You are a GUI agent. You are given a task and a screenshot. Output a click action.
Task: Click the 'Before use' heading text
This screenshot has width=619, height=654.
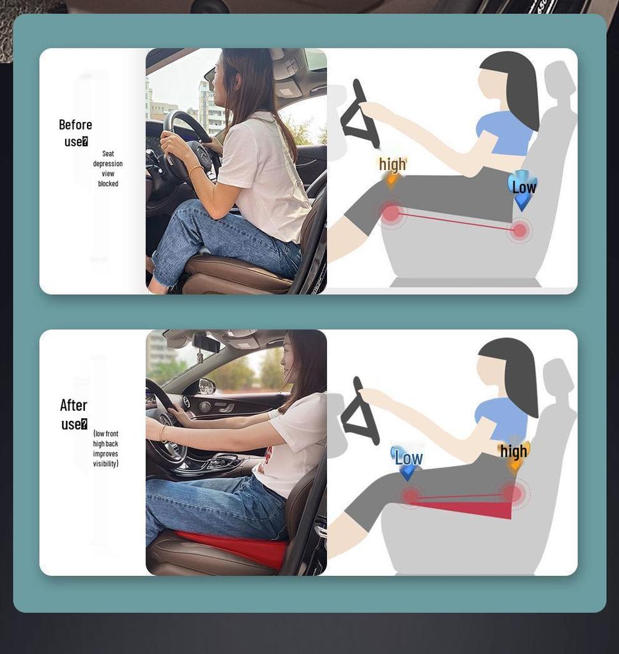click(75, 133)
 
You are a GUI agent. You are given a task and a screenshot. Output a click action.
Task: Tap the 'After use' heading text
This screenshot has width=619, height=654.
click(74, 414)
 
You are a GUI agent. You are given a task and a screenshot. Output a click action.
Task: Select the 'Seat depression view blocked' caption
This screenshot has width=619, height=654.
click(107, 169)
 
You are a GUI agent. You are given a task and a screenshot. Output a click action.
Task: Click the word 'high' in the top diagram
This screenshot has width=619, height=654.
click(392, 164)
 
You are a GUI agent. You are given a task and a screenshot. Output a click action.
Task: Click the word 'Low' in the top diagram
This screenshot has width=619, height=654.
click(524, 187)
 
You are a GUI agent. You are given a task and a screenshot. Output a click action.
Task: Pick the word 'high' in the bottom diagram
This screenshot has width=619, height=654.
click(514, 451)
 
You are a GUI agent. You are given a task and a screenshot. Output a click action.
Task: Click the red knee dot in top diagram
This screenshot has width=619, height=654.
click(391, 213)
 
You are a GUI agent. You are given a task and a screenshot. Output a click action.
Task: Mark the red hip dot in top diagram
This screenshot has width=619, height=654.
click(520, 230)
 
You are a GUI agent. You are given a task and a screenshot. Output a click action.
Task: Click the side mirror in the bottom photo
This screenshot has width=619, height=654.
click(207, 386)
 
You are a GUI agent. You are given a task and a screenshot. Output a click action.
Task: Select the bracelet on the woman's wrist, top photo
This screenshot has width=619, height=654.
click(195, 169)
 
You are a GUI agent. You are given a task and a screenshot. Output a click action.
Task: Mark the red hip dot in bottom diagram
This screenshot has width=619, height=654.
click(512, 493)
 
